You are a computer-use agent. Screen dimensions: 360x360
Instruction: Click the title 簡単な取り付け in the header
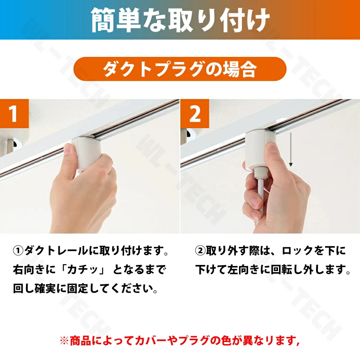click(180, 20)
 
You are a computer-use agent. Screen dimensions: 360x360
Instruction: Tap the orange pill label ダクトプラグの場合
click(180, 69)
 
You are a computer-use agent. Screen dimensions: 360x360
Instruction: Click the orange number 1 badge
click(14, 113)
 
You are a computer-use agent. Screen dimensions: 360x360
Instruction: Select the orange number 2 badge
click(195, 113)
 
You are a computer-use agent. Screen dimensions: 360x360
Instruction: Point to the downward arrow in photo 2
click(291, 149)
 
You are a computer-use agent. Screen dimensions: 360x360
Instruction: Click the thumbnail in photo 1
click(67, 150)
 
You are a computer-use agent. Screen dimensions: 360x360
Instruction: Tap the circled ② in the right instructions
click(200, 251)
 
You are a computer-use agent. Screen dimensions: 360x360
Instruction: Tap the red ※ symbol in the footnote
click(64, 341)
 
